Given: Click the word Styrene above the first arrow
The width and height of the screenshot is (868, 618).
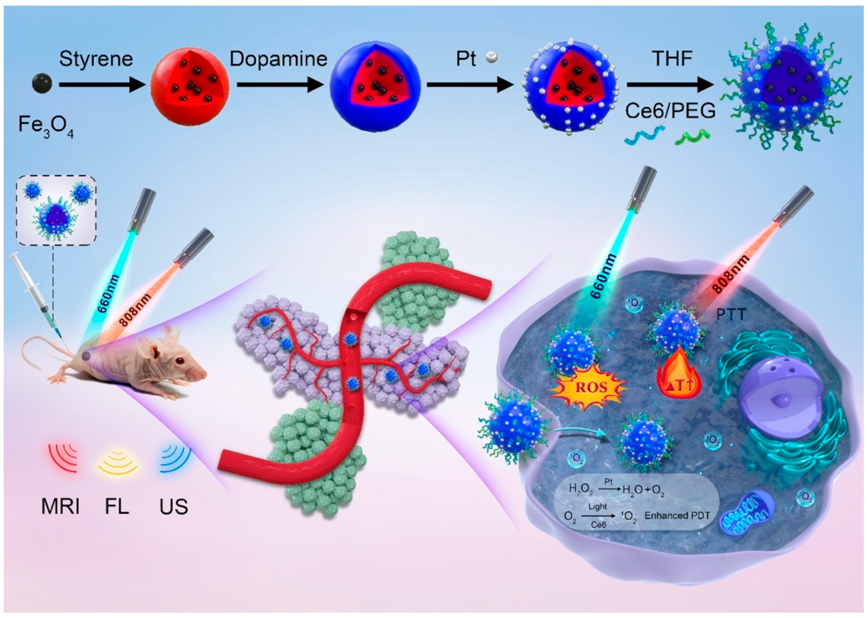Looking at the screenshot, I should tap(96, 59).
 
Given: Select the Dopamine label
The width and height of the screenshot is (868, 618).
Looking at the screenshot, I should tap(278, 59).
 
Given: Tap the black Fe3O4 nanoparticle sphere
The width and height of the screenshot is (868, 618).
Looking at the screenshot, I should tap(42, 83).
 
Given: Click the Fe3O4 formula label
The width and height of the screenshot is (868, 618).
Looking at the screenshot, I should tap(46, 126).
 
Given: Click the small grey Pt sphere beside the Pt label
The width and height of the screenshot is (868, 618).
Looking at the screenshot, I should tap(492, 58).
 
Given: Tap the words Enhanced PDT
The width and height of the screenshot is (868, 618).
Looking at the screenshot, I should tap(677, 516).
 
